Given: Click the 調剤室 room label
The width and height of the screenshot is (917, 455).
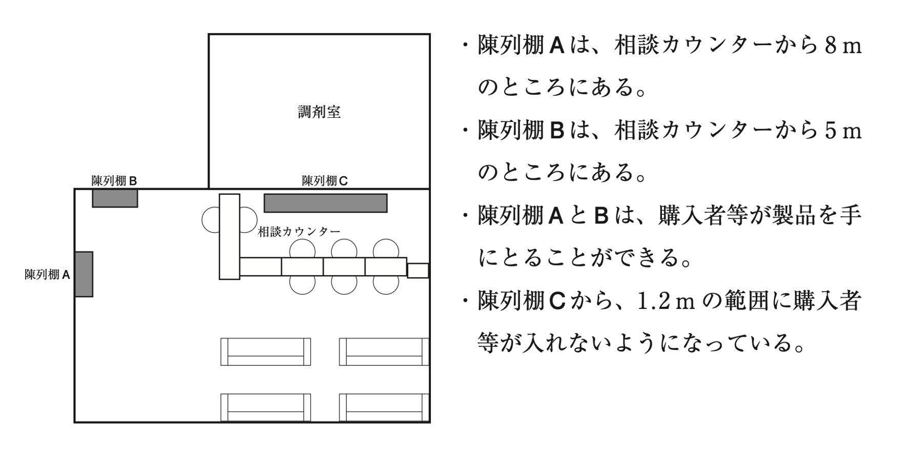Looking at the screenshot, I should pyautogui.click(x=319, y=112).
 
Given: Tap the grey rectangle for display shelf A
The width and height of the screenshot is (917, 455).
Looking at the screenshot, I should pyautogui.click(x=84, y=274).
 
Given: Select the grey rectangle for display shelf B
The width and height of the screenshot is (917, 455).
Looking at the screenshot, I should pyautogui.click(x=115, y=198).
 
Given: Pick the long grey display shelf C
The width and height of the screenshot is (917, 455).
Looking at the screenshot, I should pyautogui.click(x=325, y=203).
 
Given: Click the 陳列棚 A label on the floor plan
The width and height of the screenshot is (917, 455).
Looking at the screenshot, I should pyautogui.click(x=47, y=275).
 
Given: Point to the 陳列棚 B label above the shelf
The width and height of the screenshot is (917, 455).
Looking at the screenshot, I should pyautogui.click(x=114, y=181).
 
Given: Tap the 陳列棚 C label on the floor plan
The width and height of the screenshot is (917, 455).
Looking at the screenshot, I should pyautogui.click(x=325, y=181).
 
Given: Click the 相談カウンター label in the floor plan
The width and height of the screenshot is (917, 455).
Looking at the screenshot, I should pyautogui.click(x=299, y=232).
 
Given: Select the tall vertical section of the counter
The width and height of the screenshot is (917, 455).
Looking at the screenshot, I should pyautogui.click(x=230, y=236).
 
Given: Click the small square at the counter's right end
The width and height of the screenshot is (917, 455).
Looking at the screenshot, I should pyautogui.click(x=418, y=271).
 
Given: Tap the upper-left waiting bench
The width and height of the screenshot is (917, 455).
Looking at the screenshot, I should pyautogui.click(x=265, y=351).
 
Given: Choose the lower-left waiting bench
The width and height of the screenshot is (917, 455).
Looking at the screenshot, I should pyautogui.click(x=265, y=407).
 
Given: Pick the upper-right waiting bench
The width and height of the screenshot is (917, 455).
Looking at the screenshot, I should pyautogui.click(x=384, y=351).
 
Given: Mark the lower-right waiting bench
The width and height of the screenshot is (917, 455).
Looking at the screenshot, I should pyautogui.click(x=384, y=407).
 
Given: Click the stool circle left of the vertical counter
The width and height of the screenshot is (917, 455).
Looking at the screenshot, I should pyautogui.click(x=211, y=219).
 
